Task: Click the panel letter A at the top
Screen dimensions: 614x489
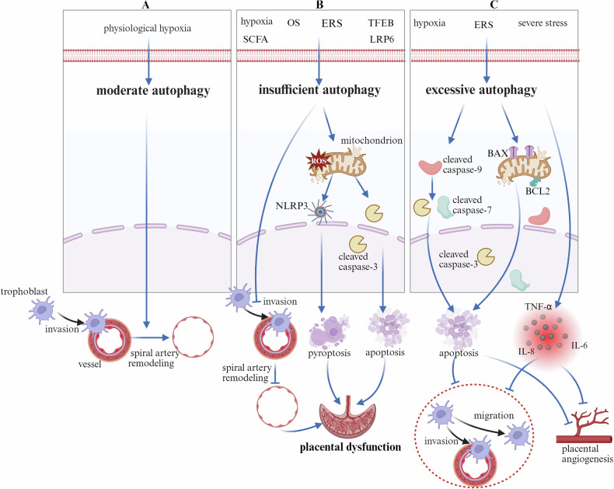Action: [x=147, y=5]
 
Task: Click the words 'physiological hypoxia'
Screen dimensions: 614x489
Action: [x=147, y=29]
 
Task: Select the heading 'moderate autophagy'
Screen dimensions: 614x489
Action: [x=153, y=90]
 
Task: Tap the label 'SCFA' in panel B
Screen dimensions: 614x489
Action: [x=255, y=40]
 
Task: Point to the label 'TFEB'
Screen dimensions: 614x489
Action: [x=381, y=23]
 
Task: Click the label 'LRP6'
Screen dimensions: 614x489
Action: [x=382, y=40]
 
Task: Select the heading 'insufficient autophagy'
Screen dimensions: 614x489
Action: [x=319, y=89]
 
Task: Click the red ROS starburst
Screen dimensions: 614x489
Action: [x=318, y=161]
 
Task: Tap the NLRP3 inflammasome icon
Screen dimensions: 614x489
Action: [x=321, y=212]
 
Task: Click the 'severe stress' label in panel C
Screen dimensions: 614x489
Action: [x=542, y=23]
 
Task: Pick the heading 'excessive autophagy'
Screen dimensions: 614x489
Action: [x=481, y=89]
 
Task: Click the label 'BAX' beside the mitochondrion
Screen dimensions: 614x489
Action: [x=497, y=153]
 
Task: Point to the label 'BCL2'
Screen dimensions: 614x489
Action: [x=538, y=191]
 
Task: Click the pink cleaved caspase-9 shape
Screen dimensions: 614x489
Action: [x=430, y=167]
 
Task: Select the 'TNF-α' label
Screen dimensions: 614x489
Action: [x=538, y=307]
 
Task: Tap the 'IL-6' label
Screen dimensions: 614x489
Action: [x=579, y=345]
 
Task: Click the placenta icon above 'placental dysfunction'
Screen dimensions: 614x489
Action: [x=347, y=417]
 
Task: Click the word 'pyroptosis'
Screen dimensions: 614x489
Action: [x=330, y=353]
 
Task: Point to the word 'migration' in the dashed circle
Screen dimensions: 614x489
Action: [x=494, y=415]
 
